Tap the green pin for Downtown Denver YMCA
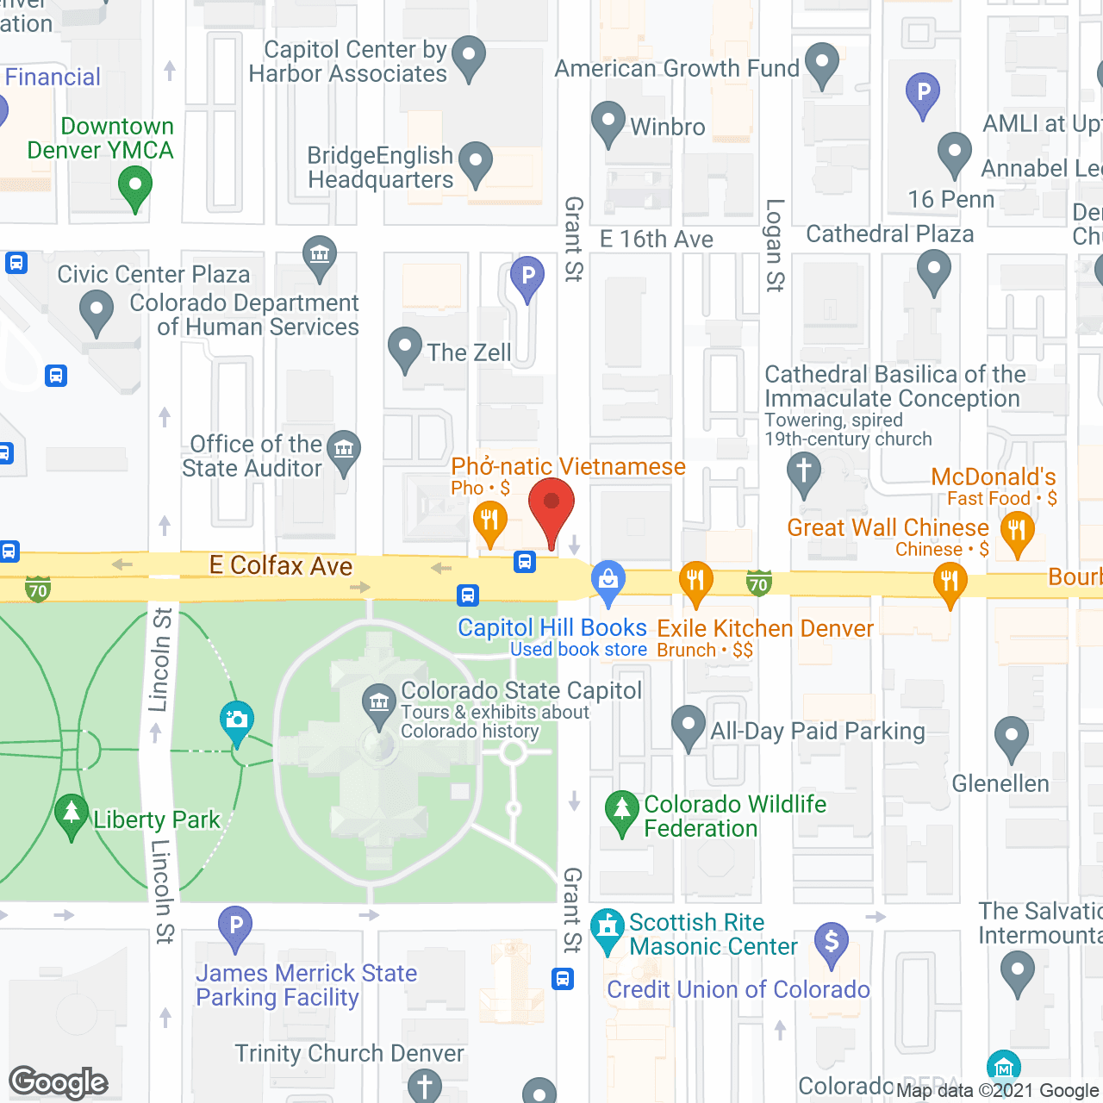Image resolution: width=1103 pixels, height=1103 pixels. (x=134, y=187)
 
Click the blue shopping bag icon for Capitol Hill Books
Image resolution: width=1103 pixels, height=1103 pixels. (x=608, y=580)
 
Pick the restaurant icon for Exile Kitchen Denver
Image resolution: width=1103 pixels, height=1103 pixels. (x=695, y=582)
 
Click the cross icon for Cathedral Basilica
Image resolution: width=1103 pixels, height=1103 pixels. (x=804, y=473)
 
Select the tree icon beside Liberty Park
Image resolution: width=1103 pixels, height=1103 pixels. (x=71, y=813)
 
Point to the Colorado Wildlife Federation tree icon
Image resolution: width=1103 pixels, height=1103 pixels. (x=621, y=810)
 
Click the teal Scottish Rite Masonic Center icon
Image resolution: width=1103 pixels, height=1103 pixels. (x=608, y=929)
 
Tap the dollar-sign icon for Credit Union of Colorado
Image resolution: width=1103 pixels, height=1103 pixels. (x=832, y=942)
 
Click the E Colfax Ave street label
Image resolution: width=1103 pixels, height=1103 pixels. (x=281, y=566)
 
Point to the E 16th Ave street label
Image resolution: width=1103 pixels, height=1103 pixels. (x=657, y=240)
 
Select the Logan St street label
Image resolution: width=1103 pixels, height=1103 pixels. (x=775, y=246)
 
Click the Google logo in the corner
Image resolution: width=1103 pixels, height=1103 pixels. (x=59, y=1082)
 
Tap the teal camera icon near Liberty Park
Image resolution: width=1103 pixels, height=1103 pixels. (x=236, y=720)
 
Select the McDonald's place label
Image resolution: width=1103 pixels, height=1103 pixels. (x=993, y=477)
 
